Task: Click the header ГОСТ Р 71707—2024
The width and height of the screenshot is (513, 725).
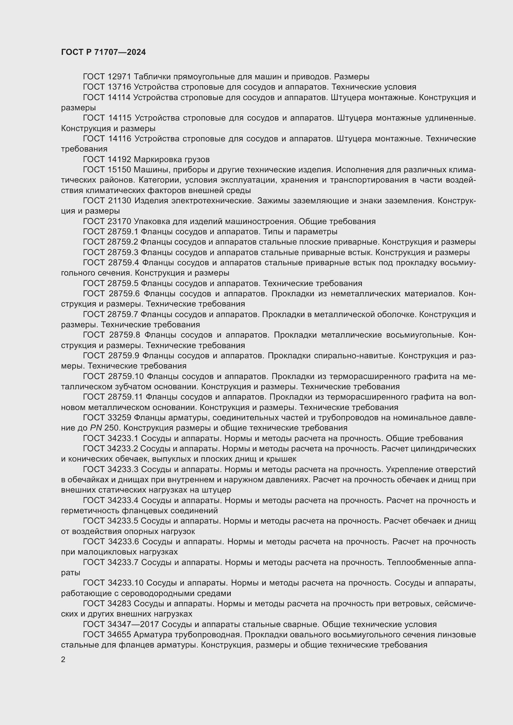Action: tap(103, 52)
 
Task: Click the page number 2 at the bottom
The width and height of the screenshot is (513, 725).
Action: tap(63, 659)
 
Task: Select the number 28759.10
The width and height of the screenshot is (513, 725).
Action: tap(126, 376)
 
